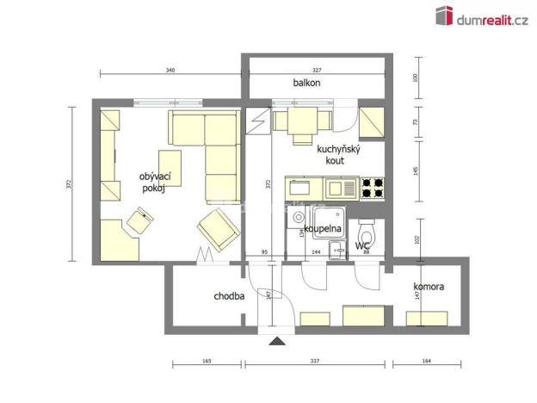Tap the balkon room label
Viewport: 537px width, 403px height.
pyautogui.click(x=306, y=84)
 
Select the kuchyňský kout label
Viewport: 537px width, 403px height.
pyautogui.click(x=337, y=154)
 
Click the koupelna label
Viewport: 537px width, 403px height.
pyautogui.click(x=324, y=229)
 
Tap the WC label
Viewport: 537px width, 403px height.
pyautogui.click(x=362, y=245)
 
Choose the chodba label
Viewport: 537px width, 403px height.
pyautogui.click(x=229, y=296)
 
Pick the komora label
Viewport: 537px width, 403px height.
pyautogui.click(x=428, y=286)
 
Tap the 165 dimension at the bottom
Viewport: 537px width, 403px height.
pyautogui.click(x=207, y=363)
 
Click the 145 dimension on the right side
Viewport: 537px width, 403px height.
pyautogui.click(x=416, y=168)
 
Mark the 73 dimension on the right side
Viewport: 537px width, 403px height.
pyautogui.click(x=416, y=123)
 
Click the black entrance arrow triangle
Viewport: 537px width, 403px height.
pyautogui.click(x=277, y=342)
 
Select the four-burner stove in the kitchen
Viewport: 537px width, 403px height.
pyautogui.click(x=372, y=188)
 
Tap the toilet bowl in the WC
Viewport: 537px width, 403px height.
pyautogui.click(x=367, y=233)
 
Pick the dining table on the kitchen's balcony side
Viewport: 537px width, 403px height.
pyautogui.click(x=301, y=122)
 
